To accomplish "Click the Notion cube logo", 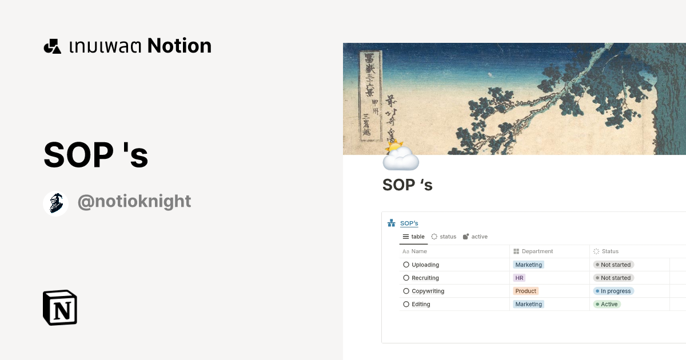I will pyautogui.click(x=60, y=307).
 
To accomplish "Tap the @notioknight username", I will pyautogui.click(x=134, y=202).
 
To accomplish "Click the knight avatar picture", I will pyautogui.click(x=56, y=203).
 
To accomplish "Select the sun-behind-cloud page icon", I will pyautogui.click(x=400, y=155).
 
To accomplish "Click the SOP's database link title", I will pyautogui.click(x=409, y=223).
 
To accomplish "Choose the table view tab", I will pyautogui.click(x=414, y=237).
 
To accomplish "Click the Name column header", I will pyautogui.click(x=419, y=251).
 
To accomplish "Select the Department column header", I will pyautogui.click(x=537, y=251).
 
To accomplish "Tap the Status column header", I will pyautogui.click(x=610, y=251).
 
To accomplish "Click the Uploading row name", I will pyautogui.click(x=425, y=265).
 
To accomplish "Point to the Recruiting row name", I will pyautogui.click(x=425, y=278).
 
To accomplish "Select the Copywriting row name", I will pyautogui.click(x=428, y=291).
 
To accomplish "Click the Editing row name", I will pyautogui.click(x=421, y=304).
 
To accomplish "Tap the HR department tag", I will pyautogui.click(x=519, y=278).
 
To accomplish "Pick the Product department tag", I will pyautogui.click(x=525, y=291).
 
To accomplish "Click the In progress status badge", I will pyautogui.click(x=613, y=291).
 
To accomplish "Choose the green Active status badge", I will pyautogui.click(x=607, y=304).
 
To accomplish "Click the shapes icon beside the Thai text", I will pyautogui.click(x=53, y=46).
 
